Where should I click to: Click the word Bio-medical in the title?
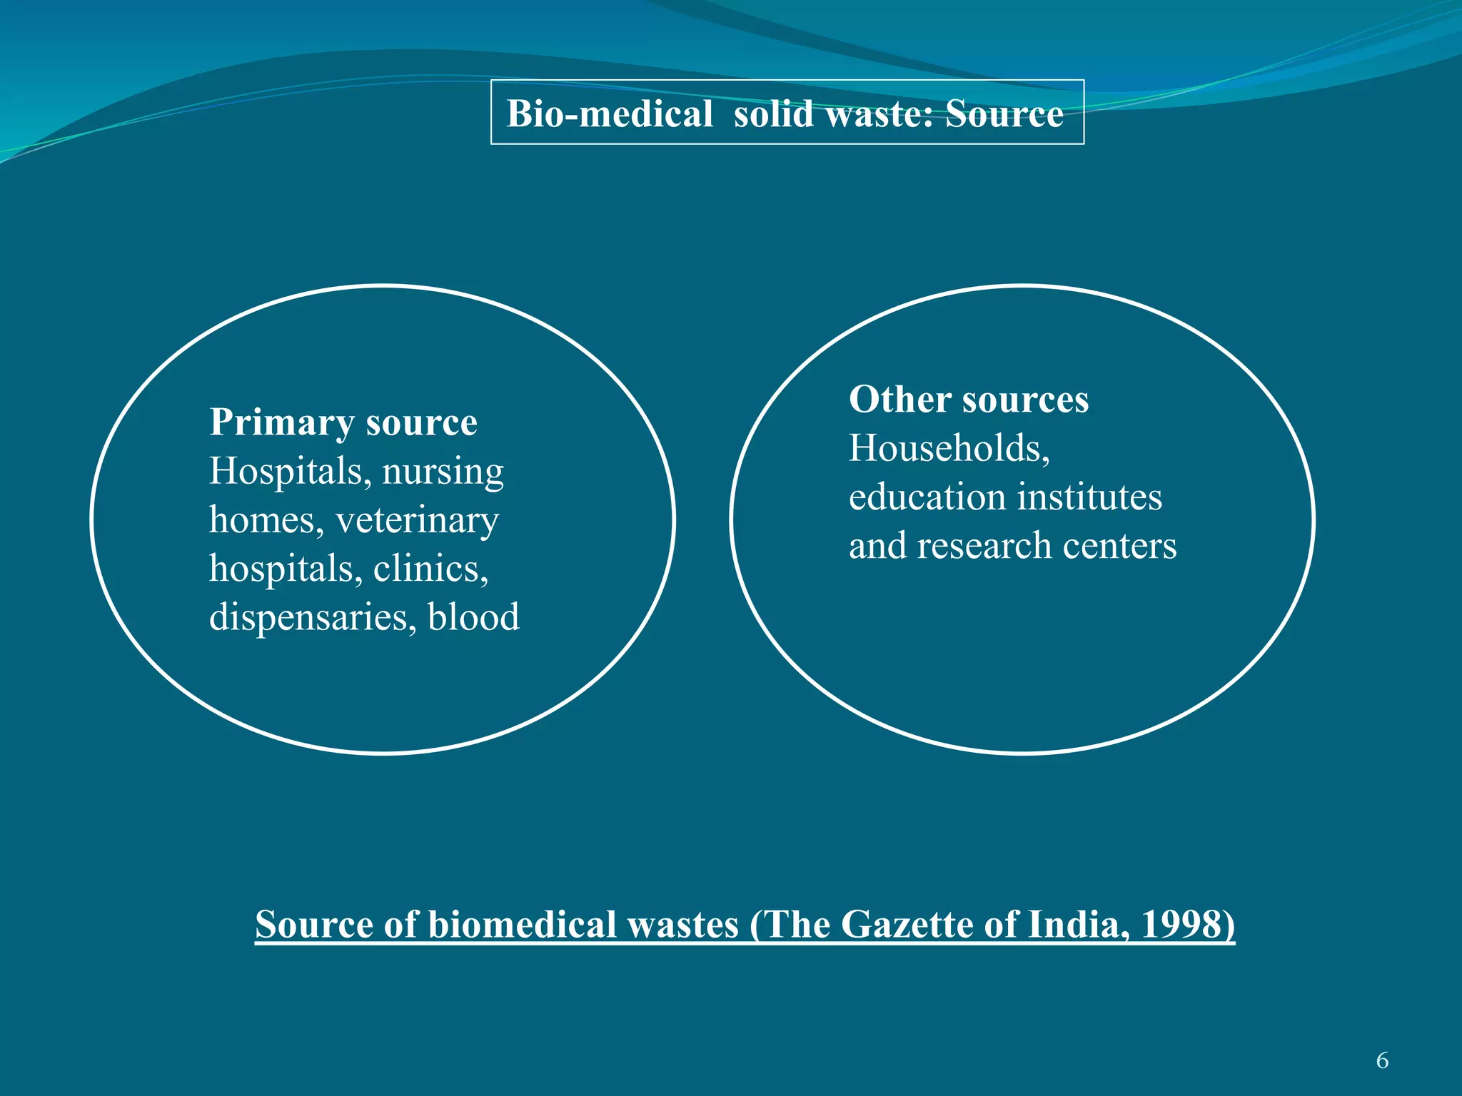pyautogui.click(x=610, y=113)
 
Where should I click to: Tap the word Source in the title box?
pyautogui.click(x=1004, y=113)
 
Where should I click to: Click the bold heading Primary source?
pyautogui.click(x=343, y=422)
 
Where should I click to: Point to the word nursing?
pyautogui.click(x=443, y=472)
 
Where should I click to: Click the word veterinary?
pyautogui.click(x=417, y=520)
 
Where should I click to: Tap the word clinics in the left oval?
pyautogui.click(x=430, y=569)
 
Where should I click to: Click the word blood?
pyautogui.click(x=473, y=617)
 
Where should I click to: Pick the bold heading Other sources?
pyautogui.click(x=969, y=399)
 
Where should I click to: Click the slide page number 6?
pyautogui.click(x=1382, y=1060)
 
